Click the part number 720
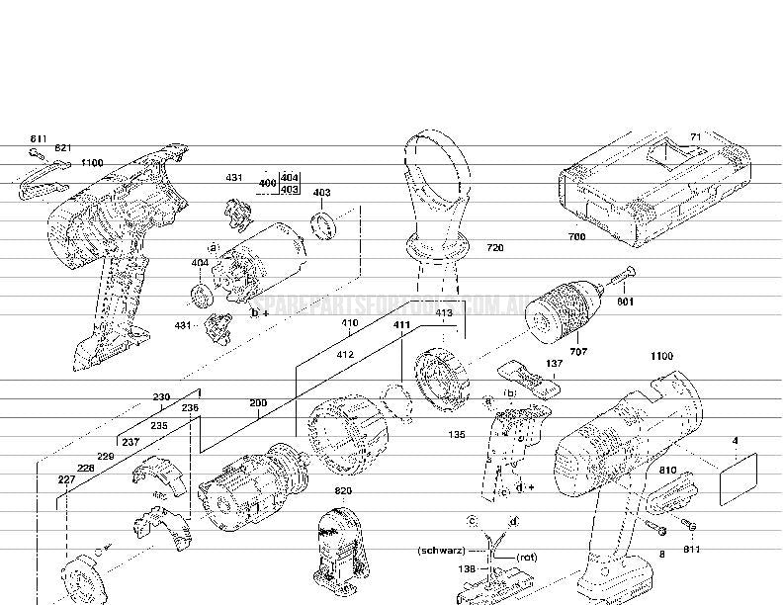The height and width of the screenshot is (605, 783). [494, 248]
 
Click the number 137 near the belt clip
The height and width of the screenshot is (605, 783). [554, 364]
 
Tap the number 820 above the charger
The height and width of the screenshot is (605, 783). [343, 491]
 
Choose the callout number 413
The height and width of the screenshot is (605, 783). [443, 313]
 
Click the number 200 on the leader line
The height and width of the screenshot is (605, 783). [258, 403]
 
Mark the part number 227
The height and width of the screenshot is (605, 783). [66, 479]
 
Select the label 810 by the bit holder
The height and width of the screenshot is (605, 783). [668, 471]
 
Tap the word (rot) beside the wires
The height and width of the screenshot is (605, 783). [527, 558]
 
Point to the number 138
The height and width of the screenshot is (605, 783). [468, 569]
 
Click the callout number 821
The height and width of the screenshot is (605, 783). [63, 147]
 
